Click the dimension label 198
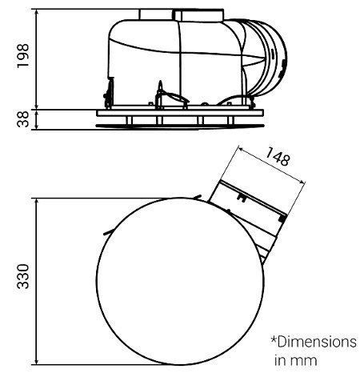[22, 56]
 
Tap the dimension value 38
[22, 119]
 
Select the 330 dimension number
[22, 276]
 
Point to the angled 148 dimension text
[278, 157]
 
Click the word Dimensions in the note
[317, 342]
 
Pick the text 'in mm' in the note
[296, 360]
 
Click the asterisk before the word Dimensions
[274, 339]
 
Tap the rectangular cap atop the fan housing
[182, 14]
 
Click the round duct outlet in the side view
[266, 58]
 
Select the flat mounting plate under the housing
[180, 113]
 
